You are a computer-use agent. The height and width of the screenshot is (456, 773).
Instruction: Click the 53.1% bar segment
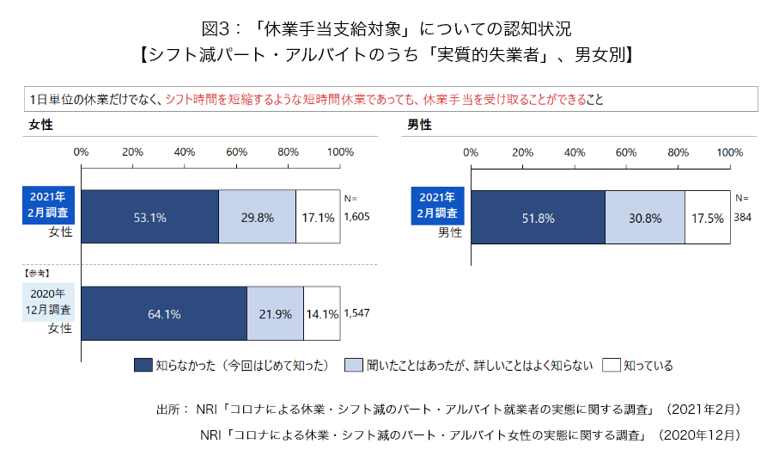coord(149,218)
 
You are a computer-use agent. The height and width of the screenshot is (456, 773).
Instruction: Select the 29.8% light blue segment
coord(257,218)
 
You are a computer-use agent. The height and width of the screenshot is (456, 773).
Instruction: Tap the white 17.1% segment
coord(318,218)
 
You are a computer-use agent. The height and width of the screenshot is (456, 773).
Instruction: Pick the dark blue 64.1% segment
coord(163,314)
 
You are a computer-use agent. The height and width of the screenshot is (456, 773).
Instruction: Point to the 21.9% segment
coord(275,314)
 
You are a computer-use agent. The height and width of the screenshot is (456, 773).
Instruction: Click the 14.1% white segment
coord(321,314)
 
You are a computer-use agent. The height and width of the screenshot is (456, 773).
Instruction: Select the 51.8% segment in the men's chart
coord(538,218)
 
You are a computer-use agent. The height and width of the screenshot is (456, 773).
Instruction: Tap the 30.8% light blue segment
coord(645,218)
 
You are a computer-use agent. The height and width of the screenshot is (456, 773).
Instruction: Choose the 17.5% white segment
coord(708,218)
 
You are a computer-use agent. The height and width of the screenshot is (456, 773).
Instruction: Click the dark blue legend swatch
coord(143,365)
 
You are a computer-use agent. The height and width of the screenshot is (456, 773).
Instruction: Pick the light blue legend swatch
coord(352,365)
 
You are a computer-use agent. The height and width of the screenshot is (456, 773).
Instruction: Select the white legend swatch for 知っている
coord(611,365)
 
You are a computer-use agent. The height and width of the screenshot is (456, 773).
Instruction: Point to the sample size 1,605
coord(356,217)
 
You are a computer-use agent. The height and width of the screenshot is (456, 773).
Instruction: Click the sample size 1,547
coord(356,313)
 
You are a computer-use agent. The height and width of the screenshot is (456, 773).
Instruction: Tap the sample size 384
coord(742,217)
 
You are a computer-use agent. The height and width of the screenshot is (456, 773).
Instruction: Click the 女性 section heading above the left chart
coord(40,125)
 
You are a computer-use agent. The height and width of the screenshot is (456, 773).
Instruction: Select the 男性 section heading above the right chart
coord(419,125)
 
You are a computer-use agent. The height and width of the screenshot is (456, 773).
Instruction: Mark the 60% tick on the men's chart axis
coord(626,152)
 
